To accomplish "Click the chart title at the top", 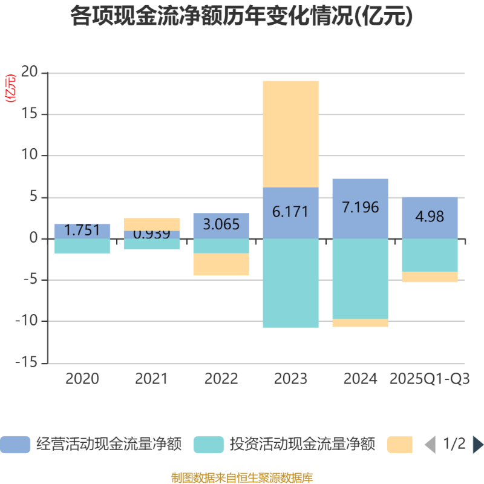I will pos(242,16).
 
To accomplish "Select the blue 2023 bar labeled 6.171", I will pos(290,212).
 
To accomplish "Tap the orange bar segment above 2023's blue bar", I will pos(290,134).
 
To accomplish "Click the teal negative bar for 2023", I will pos(290,283).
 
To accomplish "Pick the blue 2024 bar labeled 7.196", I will pos(360,208).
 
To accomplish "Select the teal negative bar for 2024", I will pos(360,278).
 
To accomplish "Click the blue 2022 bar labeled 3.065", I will pos(221,225).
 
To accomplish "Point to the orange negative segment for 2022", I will pos(221,264).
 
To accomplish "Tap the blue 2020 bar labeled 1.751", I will pos(82,231).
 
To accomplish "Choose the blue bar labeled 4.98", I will pos(430,217).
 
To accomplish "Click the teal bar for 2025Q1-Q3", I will pos(430,255).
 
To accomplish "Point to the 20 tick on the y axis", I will pos(30,73).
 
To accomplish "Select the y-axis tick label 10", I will pos(30,155).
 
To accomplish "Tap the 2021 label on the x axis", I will pos(151,379).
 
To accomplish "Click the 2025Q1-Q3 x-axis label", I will pos(430,379).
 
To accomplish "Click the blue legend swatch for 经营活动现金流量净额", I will pos(15,445).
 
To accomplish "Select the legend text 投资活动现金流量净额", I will pos(302,445).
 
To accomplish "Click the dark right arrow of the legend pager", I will pos(478,445).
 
